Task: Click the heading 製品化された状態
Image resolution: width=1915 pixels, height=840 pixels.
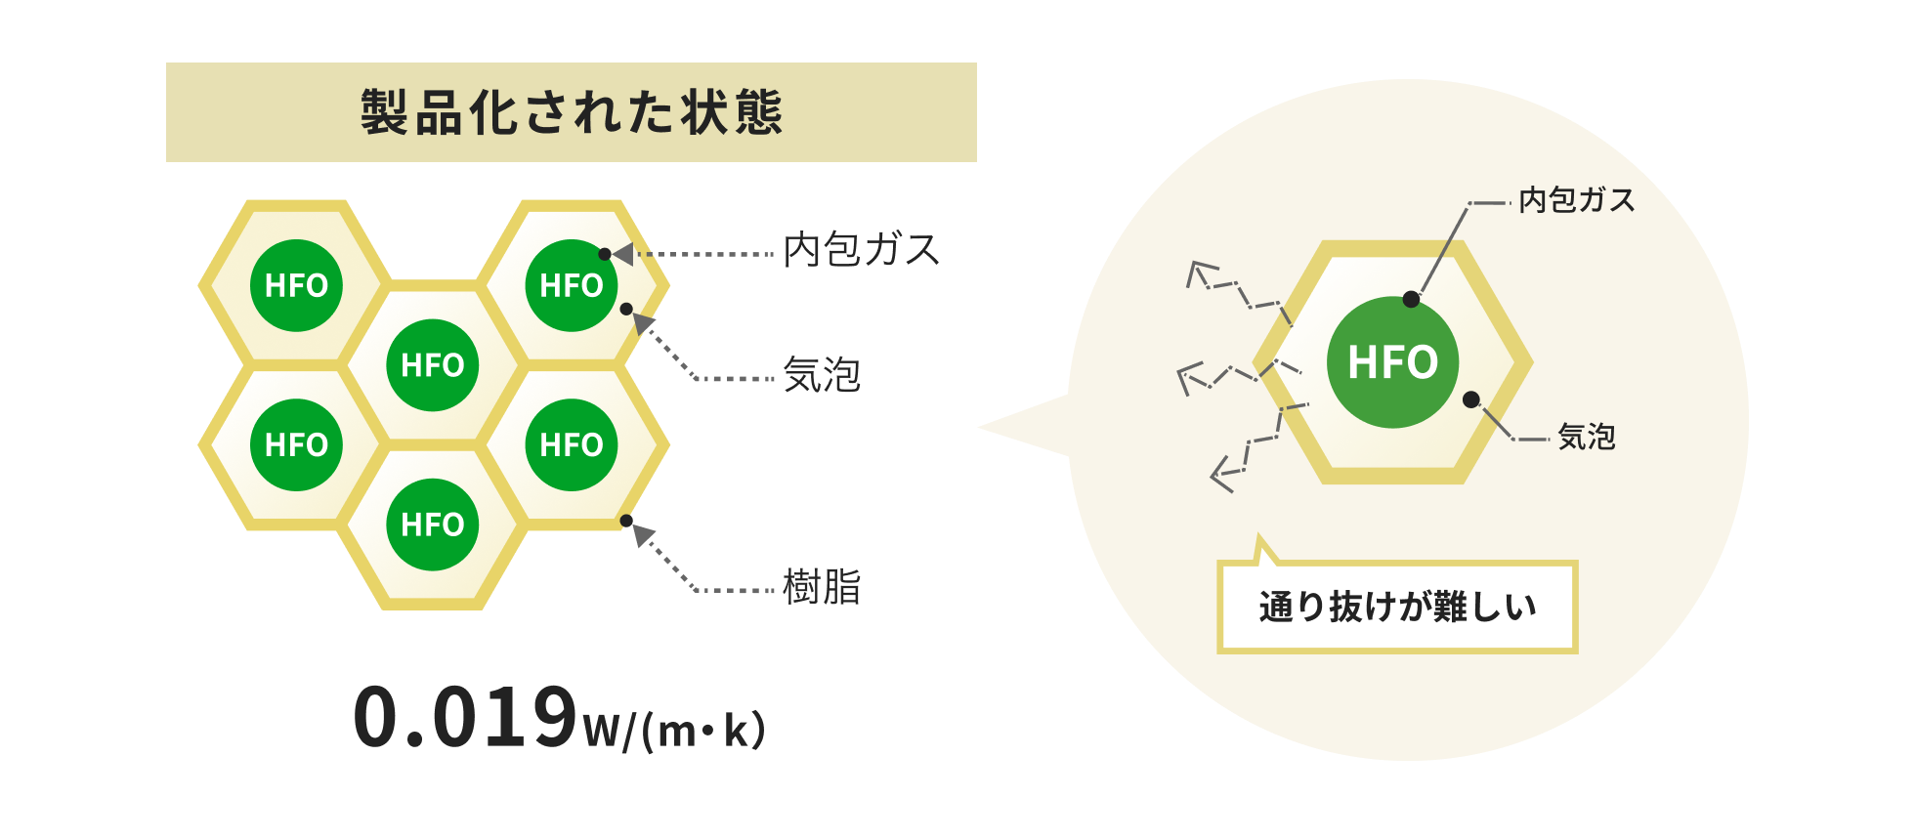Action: point(572,111)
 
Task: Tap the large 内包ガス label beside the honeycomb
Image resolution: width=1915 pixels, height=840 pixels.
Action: point(861,250)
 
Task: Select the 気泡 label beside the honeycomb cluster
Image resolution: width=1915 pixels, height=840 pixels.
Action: point(822,375)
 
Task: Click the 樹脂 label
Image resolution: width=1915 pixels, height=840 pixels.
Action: point(822,587)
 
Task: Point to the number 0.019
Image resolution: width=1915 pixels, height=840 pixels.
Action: point(466,717)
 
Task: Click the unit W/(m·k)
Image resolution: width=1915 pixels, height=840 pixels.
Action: point(675,730)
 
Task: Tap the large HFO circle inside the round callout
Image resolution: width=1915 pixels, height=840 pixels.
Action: point(1392,361)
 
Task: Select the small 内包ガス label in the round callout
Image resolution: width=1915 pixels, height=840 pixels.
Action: point(1576,200)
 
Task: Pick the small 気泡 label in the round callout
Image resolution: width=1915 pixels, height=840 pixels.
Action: point(1586,437)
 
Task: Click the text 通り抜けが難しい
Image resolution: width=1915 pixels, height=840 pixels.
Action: point(1397,607)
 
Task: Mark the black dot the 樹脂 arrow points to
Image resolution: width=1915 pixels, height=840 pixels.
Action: point(626,521)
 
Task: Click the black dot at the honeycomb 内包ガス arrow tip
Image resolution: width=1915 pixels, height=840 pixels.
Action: point(605,254)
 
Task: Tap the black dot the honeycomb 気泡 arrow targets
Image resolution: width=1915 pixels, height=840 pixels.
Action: point(626,309)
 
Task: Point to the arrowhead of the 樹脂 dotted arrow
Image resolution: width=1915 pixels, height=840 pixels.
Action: point(642,535)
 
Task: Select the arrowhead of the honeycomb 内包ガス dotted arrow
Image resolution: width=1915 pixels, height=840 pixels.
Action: point(622,254)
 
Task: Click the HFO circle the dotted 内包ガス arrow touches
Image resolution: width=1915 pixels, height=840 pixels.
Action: point(572,285)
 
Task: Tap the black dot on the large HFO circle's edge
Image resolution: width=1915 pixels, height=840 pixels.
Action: point(1411,299)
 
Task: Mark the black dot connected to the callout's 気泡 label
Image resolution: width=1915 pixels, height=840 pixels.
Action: point(1471,399)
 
